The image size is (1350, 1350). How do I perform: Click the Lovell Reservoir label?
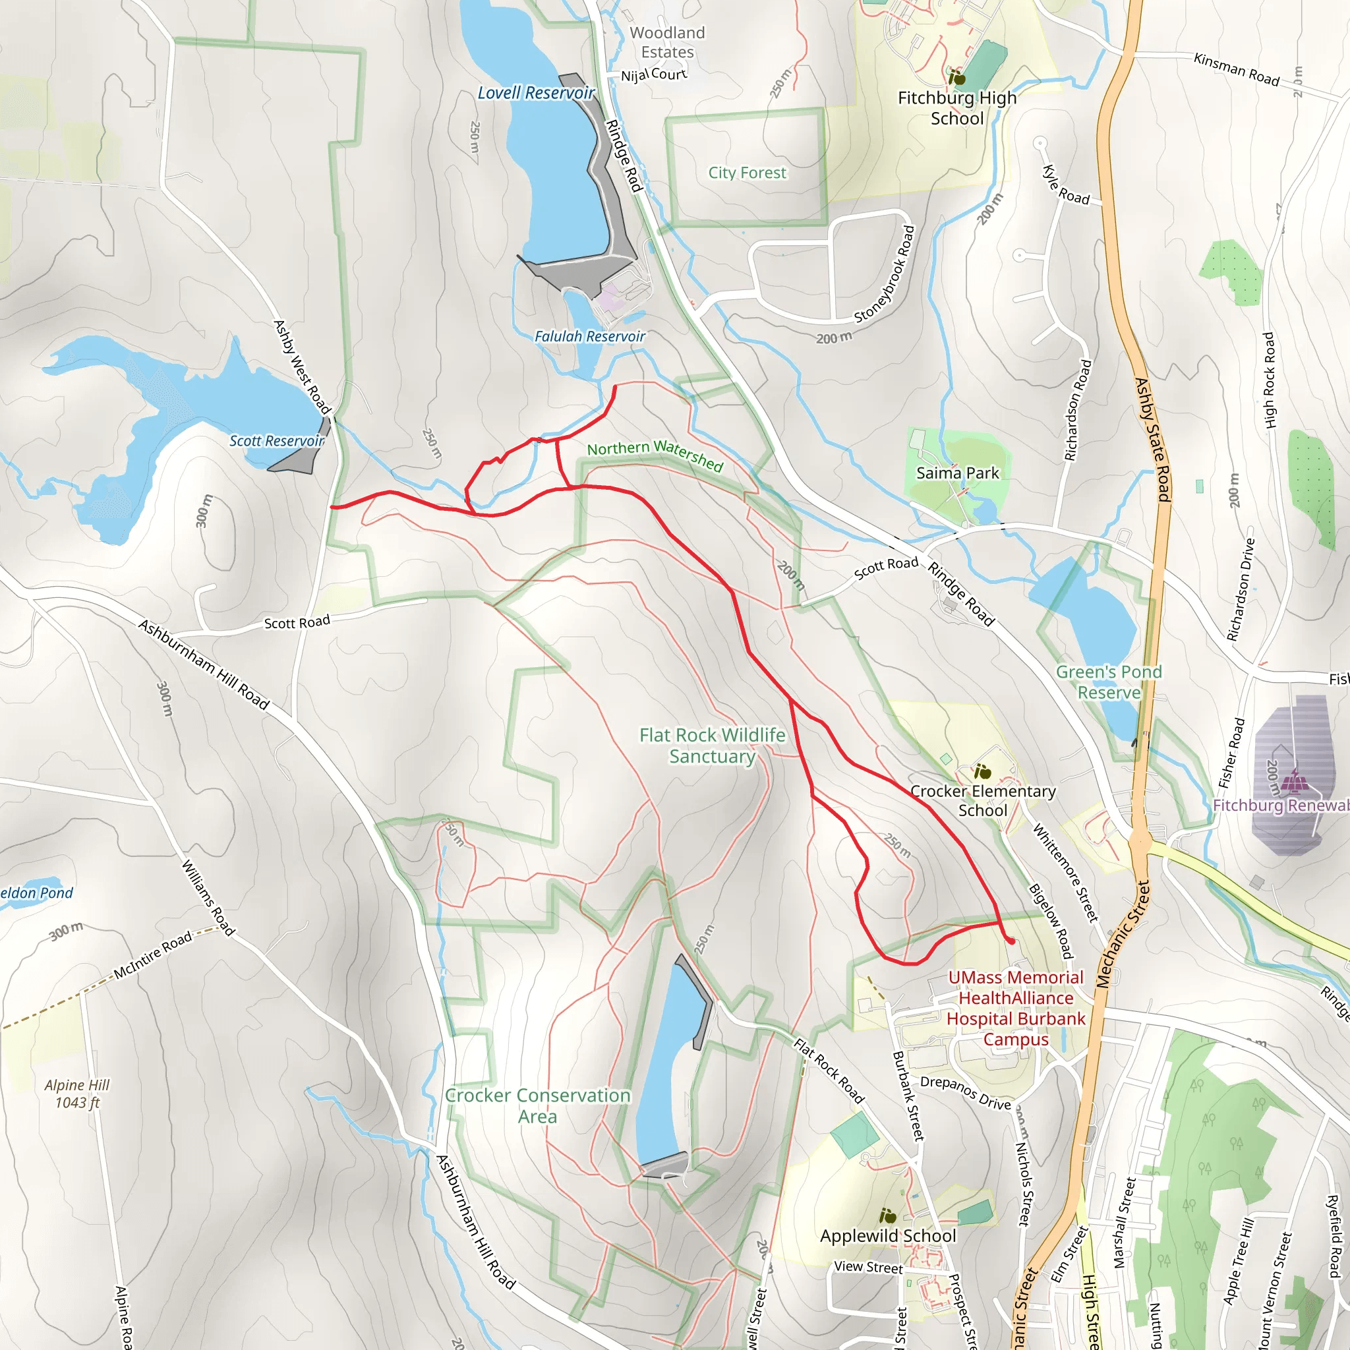tap(536, 93)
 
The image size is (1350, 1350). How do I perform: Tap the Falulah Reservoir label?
tap(589, 337)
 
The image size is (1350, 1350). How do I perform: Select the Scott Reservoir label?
tap(277, 441)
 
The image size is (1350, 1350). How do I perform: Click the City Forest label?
tap(747, 173)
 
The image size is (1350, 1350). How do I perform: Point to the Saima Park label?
tap(957, 473)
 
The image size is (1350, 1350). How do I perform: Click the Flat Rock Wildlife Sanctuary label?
tap(712, 746)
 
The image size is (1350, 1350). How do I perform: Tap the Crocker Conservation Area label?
tap(537, 1105)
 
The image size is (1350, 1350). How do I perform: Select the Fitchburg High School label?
tap(956, 107)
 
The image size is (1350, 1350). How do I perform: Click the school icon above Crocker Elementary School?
tap(982, 772)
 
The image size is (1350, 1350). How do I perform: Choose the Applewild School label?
tap(887, 1235)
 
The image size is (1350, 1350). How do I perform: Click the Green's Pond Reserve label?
tap(1108, 682)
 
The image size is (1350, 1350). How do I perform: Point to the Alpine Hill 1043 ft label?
tap(77, 1094)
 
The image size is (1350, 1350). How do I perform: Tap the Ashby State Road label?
tap(1152, 440)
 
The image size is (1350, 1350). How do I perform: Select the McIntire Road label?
tap(153, 954)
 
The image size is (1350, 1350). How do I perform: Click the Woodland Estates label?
tap(667, 42)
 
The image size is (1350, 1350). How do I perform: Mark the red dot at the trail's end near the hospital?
tap(1011, 942)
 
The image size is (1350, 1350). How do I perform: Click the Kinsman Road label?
tap(1236, 69)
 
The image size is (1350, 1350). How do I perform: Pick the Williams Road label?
tap(208, 897)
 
